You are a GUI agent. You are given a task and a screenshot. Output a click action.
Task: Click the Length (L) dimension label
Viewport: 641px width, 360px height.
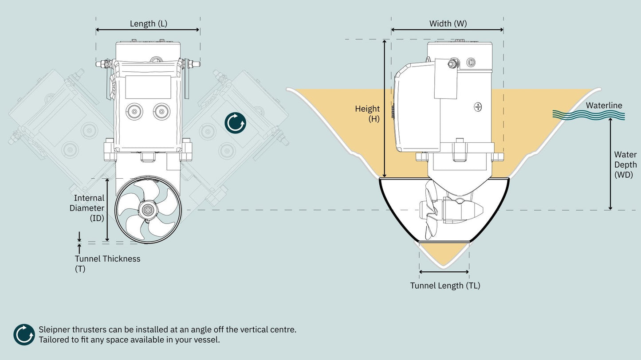148,23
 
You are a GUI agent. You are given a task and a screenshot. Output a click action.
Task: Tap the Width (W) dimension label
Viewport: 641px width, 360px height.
448,23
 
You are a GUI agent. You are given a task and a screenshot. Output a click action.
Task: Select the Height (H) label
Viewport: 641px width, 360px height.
367,113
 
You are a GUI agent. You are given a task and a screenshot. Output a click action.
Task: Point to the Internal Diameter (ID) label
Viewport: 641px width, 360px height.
87,208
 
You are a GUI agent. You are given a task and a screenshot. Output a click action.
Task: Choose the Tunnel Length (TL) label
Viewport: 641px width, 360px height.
445,286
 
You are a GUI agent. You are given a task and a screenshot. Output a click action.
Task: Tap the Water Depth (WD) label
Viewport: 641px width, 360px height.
625,164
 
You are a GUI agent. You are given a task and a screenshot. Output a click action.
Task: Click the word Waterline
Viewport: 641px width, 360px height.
604,106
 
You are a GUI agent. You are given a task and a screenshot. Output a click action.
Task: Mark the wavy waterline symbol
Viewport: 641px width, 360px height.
589,115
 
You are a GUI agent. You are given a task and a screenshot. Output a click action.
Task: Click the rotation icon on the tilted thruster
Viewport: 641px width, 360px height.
235,123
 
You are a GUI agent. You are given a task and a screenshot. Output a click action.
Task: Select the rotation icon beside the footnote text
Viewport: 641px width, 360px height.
24,335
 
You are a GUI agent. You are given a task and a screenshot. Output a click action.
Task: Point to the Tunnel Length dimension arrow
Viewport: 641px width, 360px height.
444,272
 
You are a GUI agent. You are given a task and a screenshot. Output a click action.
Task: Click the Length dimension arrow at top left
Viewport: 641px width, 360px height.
148,30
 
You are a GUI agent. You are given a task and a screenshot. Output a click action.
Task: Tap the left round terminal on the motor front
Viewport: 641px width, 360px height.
134,111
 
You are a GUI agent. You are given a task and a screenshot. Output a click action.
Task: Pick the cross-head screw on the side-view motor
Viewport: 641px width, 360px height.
478,106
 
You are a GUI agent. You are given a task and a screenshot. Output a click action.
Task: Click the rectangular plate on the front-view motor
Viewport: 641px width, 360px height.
148,87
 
